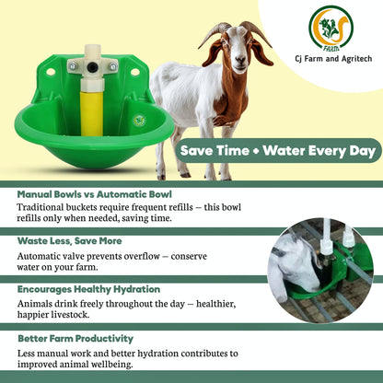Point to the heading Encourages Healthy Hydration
88,288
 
